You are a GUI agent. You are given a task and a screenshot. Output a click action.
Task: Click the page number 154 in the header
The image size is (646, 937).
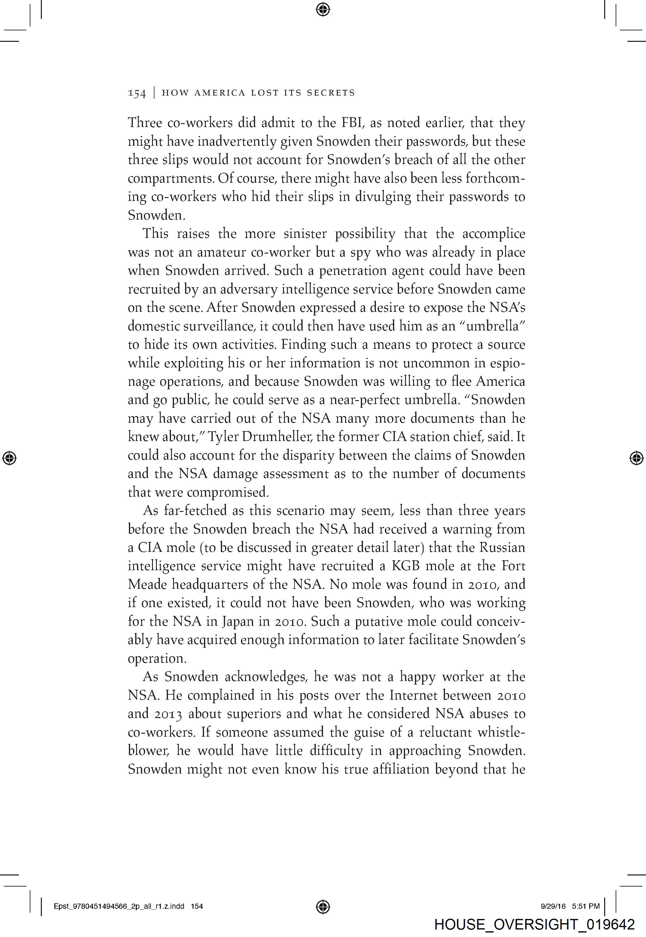tap(136, 93)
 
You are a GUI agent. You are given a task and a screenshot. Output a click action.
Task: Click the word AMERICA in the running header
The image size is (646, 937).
tap(220, 93)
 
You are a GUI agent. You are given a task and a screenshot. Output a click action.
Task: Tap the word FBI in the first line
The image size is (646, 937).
tap(354, 123)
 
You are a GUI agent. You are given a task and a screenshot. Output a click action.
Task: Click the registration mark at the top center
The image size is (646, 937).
tap(323, 9)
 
